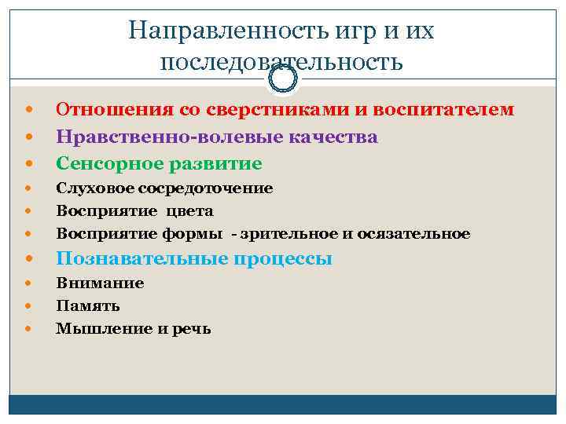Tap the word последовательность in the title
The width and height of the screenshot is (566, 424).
(281, 62)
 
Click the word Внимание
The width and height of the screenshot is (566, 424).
(100, 283)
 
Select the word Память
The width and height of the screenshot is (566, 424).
(88, 306)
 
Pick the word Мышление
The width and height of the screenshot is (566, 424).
(101, 329)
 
